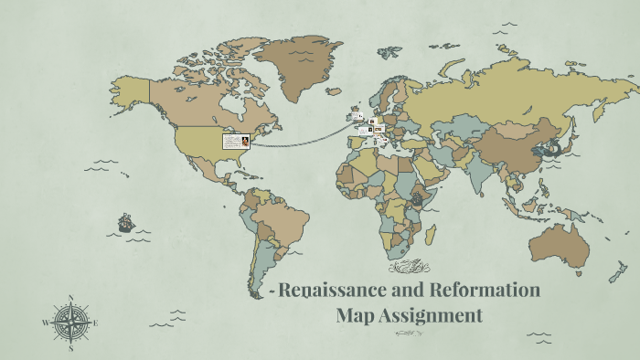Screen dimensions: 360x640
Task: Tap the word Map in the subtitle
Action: (x=356, y=316)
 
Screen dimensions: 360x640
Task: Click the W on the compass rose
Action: (x=46, y=323)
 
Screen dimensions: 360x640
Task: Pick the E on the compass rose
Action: (x=96, y=323)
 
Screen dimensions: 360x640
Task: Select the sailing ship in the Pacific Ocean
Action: (x=126, y=222)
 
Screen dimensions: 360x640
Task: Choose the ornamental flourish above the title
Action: (x=407, y=268)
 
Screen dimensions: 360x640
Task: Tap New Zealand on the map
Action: (x=618, y=274)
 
